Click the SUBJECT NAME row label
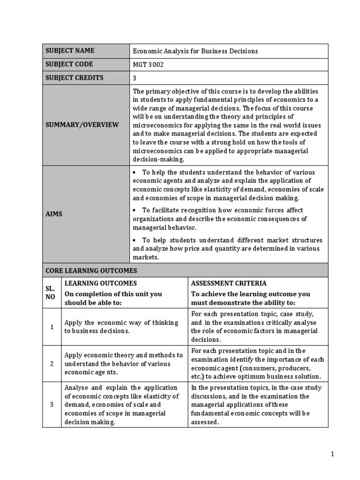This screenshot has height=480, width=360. [70, 51]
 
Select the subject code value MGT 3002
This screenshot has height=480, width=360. [148, 65]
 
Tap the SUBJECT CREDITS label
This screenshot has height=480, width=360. [74, 78]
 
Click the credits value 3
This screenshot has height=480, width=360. [135, 78]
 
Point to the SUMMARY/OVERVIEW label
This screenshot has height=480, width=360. [82, 125]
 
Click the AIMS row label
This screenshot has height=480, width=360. [54, 214]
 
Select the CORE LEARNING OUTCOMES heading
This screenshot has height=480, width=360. [91, 270]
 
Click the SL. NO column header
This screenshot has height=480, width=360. [52, 292]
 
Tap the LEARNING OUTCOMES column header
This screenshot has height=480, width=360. [100, 283]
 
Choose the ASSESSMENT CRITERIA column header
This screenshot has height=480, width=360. [229, 283]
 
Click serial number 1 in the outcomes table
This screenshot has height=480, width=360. [52, 327]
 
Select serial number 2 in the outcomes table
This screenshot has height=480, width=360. [52, 364]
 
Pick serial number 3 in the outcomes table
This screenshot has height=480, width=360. [52, 405]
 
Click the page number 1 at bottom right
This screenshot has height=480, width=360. [332, 454]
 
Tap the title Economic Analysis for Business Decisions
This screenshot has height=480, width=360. [195, 51]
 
